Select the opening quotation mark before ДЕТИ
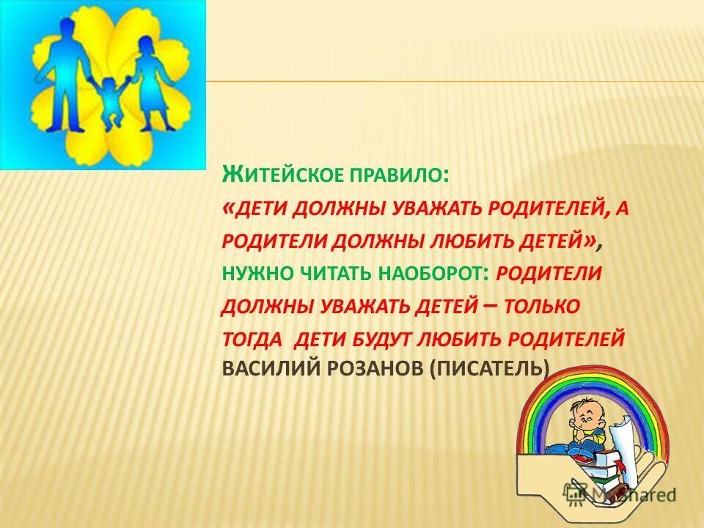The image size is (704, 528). (x=227, y=209)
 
